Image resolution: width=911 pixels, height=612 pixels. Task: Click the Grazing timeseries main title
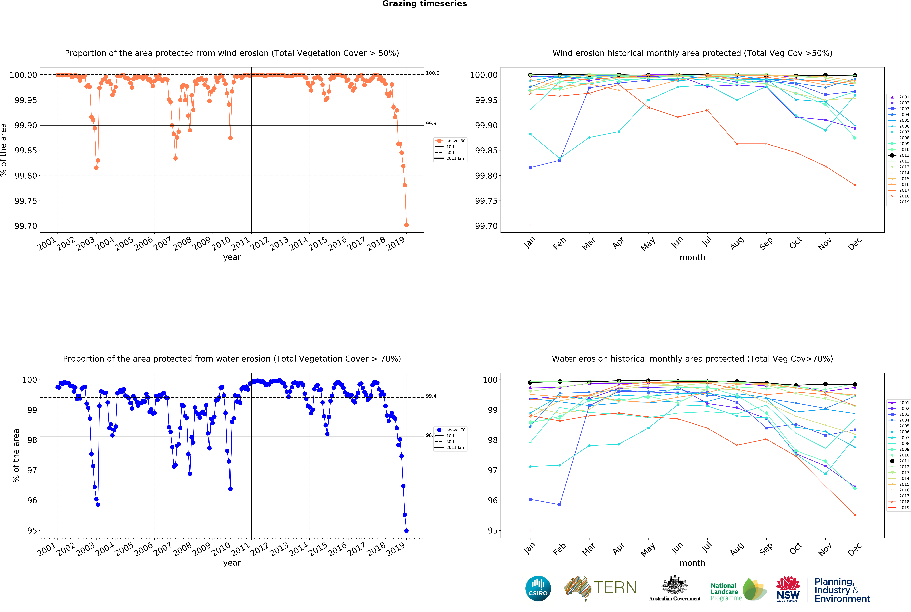coord(424,4)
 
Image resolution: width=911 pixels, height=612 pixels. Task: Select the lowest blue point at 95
coord(406,530)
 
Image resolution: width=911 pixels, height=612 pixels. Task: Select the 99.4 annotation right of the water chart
coord(431,396)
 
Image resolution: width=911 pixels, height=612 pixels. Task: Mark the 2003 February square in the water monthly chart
coord(560,505)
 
